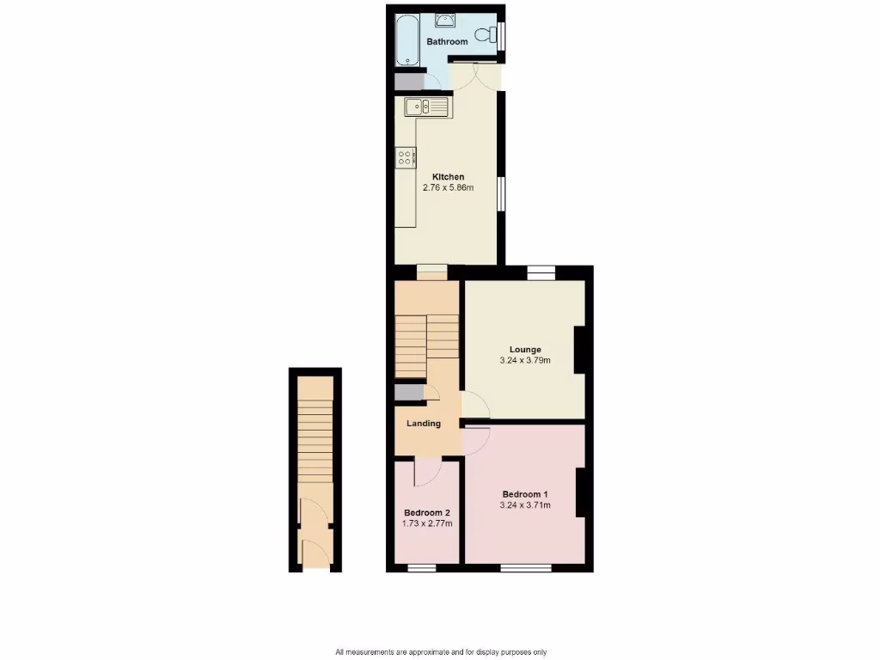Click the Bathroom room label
pos(447,41)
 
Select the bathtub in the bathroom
pos(406,40)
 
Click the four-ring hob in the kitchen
pos(406,157)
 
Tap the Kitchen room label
pos(448,177)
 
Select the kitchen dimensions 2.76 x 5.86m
pos(448,187)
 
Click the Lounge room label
pos(525,350)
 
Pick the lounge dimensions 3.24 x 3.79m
pos(525,360)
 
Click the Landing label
pos(424,423)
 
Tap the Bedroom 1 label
pos(525,494)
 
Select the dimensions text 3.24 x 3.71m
pos(525,505)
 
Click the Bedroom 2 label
pos(427,512)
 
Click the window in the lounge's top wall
pos(541,272)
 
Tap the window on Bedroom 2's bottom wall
pos(421,567)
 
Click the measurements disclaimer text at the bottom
pos(440,651)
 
